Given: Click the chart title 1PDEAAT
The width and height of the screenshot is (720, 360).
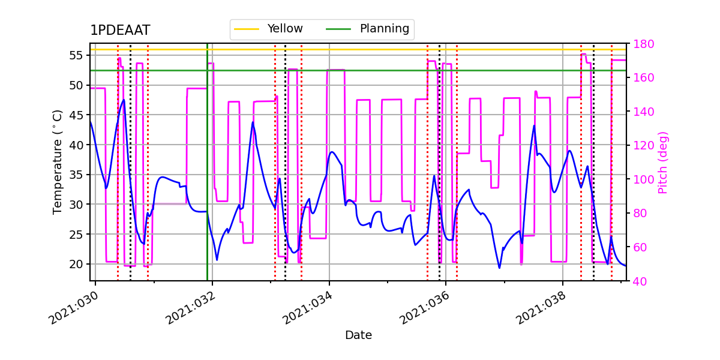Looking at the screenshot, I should point(120,31).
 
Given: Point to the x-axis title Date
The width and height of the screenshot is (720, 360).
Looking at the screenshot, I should point(358,335).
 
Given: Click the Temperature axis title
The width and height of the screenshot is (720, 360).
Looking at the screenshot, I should point(58,162).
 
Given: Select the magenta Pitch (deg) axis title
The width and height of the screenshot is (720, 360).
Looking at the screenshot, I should point(662,162).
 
